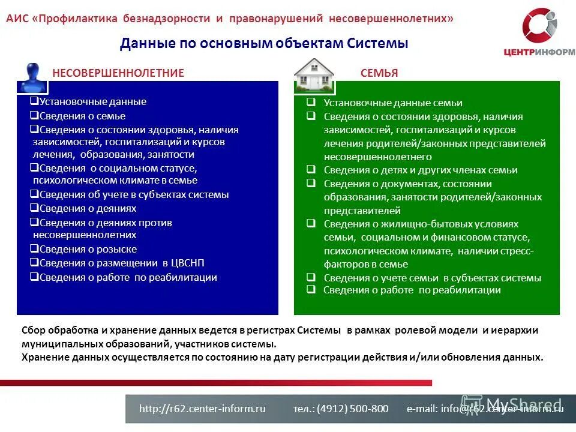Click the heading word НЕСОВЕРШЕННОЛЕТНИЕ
coord(118,73)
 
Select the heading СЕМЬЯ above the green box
coord(379,73)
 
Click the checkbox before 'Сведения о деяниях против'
coord(34,222)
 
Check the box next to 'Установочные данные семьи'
coord(311,103)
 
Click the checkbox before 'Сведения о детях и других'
coord(311,169)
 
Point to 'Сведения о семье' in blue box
coord(82,116)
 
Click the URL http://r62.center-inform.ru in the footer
coord(202,409)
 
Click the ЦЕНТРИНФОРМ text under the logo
coord(539,52)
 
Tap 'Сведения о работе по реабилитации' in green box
coord(412,290)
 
